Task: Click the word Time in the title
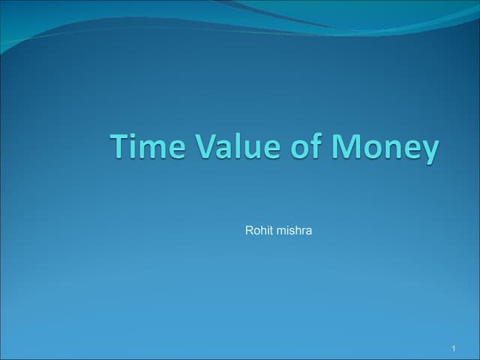145,146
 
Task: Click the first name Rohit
259,230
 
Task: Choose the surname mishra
294,230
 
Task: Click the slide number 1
454,349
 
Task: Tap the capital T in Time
121,146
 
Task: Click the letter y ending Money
428,151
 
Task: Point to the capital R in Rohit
249,230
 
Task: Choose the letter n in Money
389,149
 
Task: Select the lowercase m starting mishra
280,231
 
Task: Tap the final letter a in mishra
309,231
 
